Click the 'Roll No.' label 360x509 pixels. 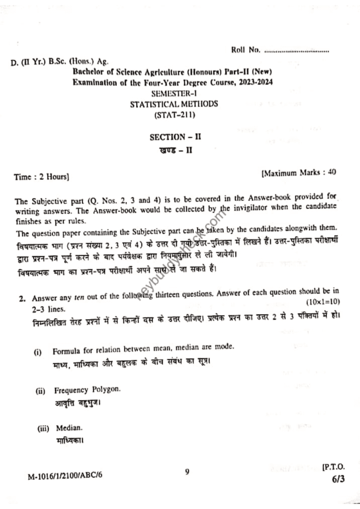(x=246, y=50)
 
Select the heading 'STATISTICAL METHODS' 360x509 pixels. (x=174, y=104)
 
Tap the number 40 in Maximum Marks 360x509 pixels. (x=332, y=172)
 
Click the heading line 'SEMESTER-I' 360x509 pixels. (x=176, y=93)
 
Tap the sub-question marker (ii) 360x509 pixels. (x=40, y=391)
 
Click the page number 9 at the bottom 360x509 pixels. (x=186, y=472)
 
